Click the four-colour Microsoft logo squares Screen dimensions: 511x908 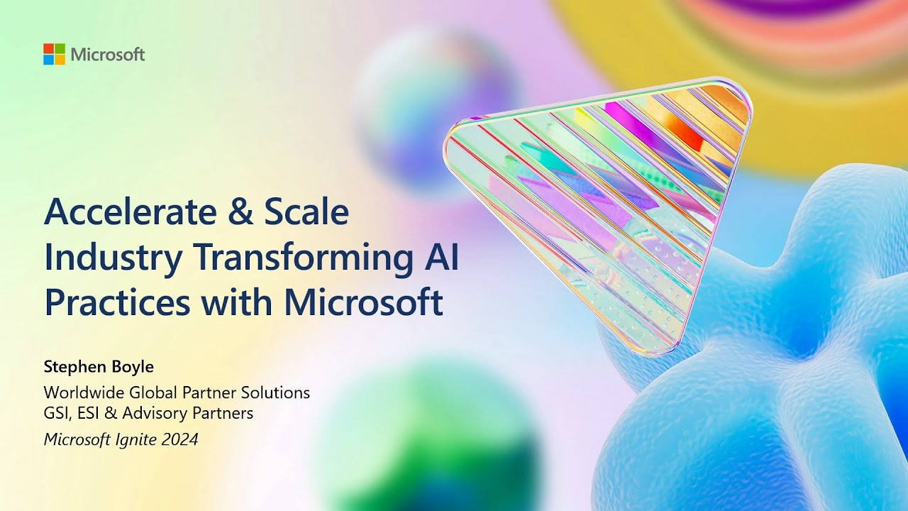pos(54,54)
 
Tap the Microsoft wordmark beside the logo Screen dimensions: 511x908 pos(108,55)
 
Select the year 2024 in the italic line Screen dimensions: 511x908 pos(178,439)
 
